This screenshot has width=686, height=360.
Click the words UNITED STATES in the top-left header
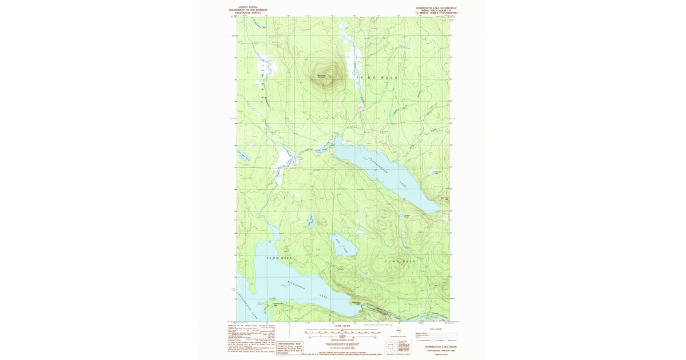click(x=248, y=7)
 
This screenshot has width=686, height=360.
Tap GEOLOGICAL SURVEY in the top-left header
click(x=248, y=12)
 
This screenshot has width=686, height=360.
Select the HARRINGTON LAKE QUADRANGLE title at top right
click(x=436, y=7)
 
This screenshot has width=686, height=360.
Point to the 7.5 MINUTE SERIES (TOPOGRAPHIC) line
click(x=436, y=12)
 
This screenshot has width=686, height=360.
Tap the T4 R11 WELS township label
click(x=376, y=77)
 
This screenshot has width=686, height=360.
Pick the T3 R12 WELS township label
click(x=280, y=258)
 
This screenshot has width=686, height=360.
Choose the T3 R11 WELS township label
click(x=398, y=262)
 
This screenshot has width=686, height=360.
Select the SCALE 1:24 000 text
click(x=343, y=326)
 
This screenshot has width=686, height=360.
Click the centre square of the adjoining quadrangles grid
click(x=391, y=346)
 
